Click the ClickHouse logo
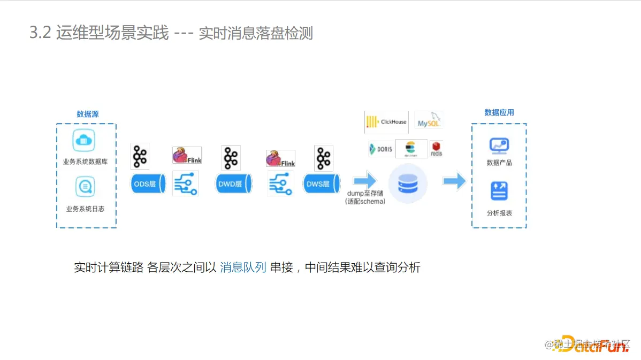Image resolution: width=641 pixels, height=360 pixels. (x=386, y=122)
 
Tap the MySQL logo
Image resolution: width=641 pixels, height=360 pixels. (x=429, y=120)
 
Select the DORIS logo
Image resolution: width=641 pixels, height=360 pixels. (x=381, y=149)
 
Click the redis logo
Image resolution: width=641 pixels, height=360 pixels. (x=436, y=149)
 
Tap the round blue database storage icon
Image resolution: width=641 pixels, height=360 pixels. (x=408, y=183)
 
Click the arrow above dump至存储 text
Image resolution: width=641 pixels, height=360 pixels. (x=365, y=181)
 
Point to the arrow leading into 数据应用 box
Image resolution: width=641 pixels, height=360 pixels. (x=454, y=181)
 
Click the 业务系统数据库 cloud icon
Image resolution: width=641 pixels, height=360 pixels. (x=84, y=140)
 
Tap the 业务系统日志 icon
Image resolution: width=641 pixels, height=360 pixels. (x=85, y=187)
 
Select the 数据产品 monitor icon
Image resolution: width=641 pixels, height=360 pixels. (x=499, y=145)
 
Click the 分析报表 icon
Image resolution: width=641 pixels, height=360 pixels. (x=499, y=191)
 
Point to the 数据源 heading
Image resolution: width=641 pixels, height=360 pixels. (x=87, y=114)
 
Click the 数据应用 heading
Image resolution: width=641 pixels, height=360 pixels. (x=499, y=112)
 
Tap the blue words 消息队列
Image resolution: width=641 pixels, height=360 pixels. (x=243, y=267)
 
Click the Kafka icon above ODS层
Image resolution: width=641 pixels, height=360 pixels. (x=140, y=156)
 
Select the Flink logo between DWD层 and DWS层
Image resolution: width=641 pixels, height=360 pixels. (x=280, y=158)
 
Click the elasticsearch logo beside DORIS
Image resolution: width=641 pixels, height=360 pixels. (x=411, y=149)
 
